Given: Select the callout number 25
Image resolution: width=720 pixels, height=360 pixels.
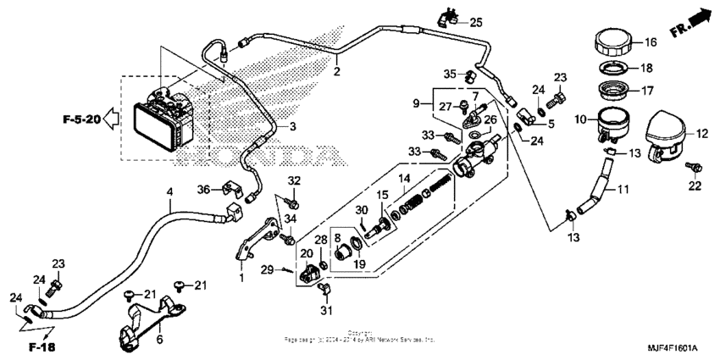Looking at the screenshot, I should (x=475, y=21).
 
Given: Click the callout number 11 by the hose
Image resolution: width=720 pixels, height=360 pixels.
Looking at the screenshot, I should (x=623, y=188).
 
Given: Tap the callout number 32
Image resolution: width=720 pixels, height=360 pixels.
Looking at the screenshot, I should (x=294, y=180).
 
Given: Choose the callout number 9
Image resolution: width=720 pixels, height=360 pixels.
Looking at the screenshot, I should (x=416, y=104).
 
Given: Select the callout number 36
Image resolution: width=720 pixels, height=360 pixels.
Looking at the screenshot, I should (x=203, y=188).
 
